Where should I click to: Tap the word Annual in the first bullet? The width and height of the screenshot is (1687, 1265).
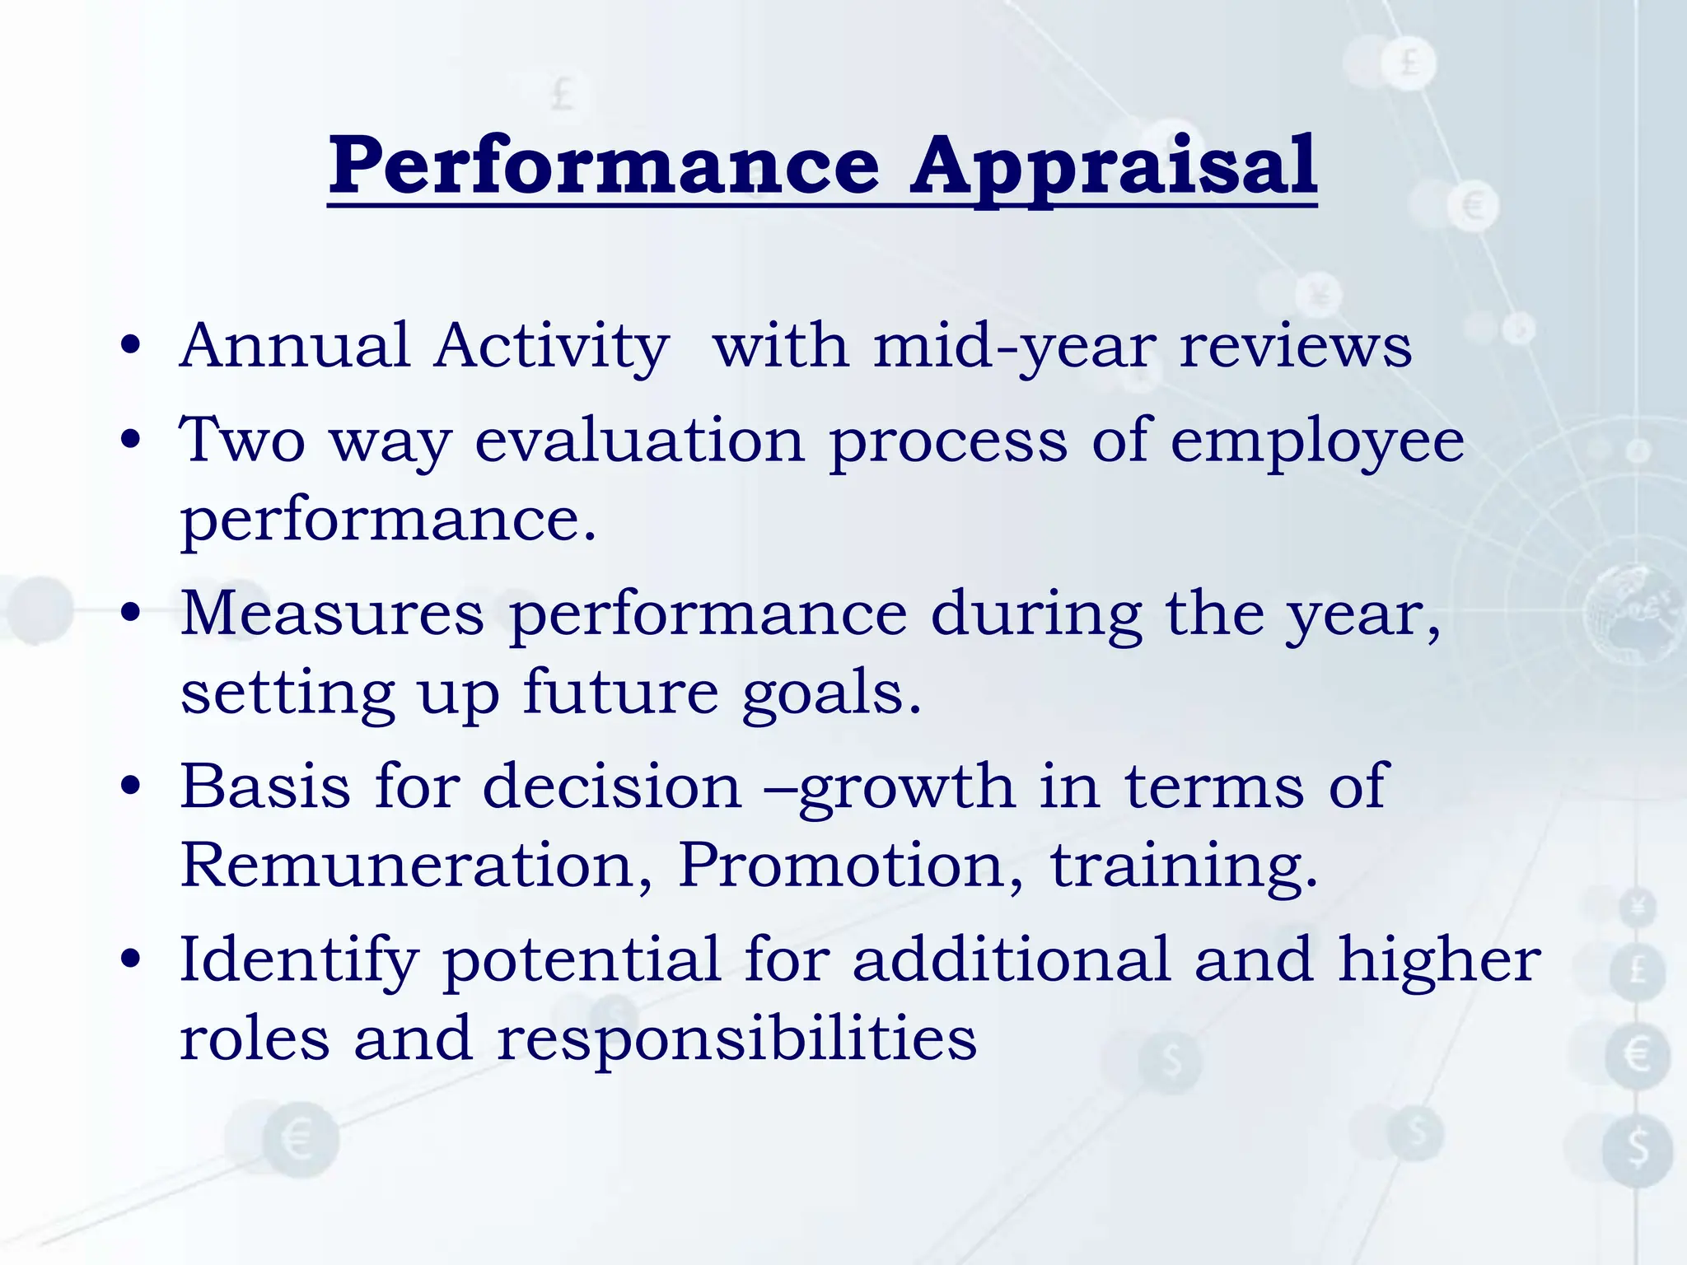point(295,346)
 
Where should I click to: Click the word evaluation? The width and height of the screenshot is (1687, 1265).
point(639,441)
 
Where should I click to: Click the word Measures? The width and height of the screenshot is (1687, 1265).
point(332,614)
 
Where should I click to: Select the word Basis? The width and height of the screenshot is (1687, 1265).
point(265,787)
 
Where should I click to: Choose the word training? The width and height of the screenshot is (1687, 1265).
point(1184,866)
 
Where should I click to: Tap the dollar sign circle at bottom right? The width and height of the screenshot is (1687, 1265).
point(1638,1148)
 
